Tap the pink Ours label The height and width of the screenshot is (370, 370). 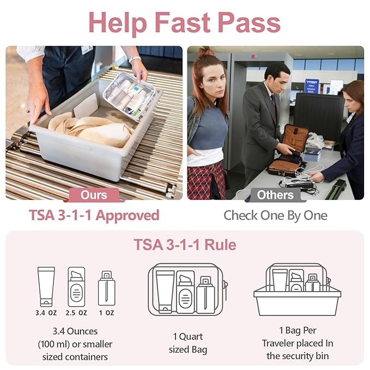click(94, 195)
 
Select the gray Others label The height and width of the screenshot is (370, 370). click(275, 195)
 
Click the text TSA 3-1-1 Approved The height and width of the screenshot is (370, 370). click(94, 215)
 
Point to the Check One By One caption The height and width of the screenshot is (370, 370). click(275, 215)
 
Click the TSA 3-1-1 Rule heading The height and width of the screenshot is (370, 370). click(185, 245)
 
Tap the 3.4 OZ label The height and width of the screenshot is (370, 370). click(46, 313)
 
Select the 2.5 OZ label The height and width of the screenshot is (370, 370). click(76, 313)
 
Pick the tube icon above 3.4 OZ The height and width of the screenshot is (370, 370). click(46, 286)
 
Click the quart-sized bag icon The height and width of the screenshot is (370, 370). click(185, 289)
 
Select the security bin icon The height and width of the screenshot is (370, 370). click(297, 292)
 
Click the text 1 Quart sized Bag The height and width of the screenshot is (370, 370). click(185, 343)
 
